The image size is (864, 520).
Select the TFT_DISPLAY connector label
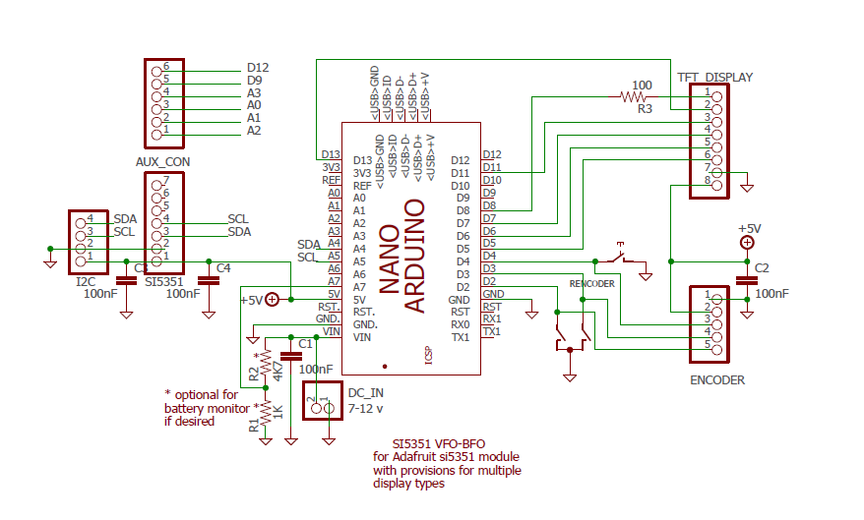pos(714,77)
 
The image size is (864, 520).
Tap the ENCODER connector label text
pos(717,380)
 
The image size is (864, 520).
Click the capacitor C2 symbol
pos(748,279)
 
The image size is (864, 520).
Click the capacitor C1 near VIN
pos(290,355)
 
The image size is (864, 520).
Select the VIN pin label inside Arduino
pos(362,337)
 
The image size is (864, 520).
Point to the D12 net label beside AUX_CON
pos(258,68)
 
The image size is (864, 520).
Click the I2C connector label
pos(86,281)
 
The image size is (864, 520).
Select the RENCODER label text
pos(591,284)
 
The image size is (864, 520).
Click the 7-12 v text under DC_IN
pos(365,407)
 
